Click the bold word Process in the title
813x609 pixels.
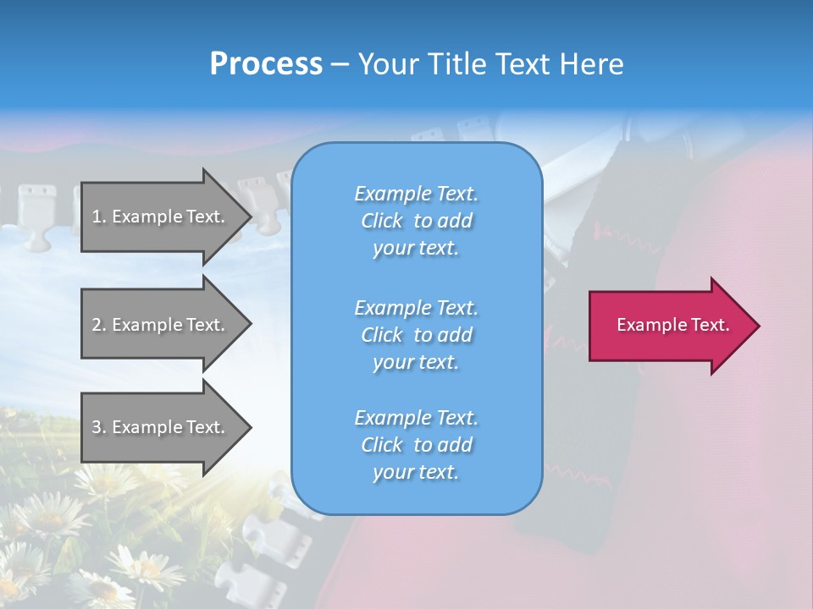point(266,64)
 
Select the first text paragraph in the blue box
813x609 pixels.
point(416,221)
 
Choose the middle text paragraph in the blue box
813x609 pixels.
point(416,335)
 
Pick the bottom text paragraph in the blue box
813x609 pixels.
point(416,445)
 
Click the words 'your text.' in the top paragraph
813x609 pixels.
point(416,249)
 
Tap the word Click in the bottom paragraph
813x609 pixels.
point(382,445)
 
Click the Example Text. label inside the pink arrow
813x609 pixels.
point(673,325)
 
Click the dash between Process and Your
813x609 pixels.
point(340,65)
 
